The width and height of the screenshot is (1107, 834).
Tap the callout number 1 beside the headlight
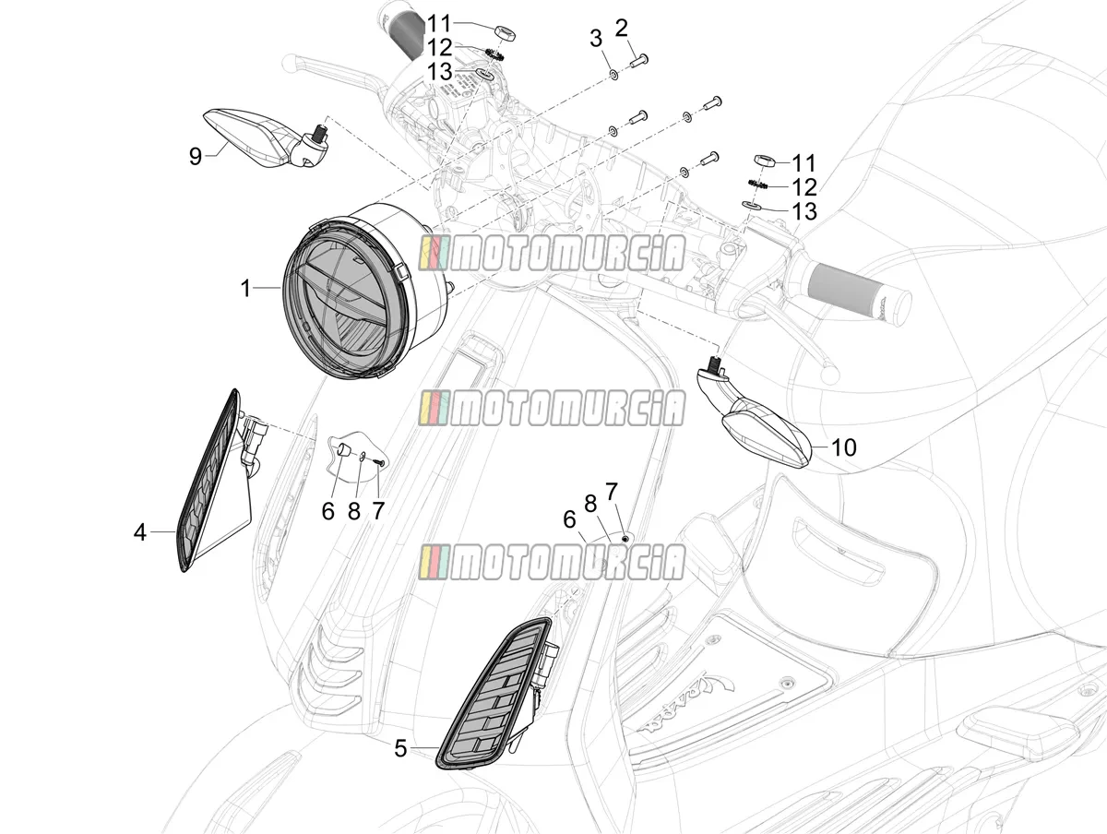pyautogui.click(x=245, y=289)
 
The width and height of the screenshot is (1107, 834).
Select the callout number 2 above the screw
pyautogui.click(x=622, y=29)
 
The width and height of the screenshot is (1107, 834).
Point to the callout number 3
pyautogui.click(x=596, y=39)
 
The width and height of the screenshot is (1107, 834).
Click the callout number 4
pyautogui.click(x=139, y=532)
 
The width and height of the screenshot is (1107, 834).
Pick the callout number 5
pyautogui.click(x=400, y=749)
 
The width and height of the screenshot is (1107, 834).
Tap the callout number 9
pyautogui.click(x=196, y=156)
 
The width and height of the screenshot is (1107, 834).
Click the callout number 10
pyautogui.click(x=843, y=447)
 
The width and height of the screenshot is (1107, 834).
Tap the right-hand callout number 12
pyautogui.click(x=804, y=187)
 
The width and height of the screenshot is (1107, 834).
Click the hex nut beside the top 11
pyautogui.click(x=505, y=34)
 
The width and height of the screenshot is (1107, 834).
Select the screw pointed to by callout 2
pyautogui.click(x=639, y=62)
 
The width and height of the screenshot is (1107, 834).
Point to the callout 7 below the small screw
pyautogui.click(x=377, y=510)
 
